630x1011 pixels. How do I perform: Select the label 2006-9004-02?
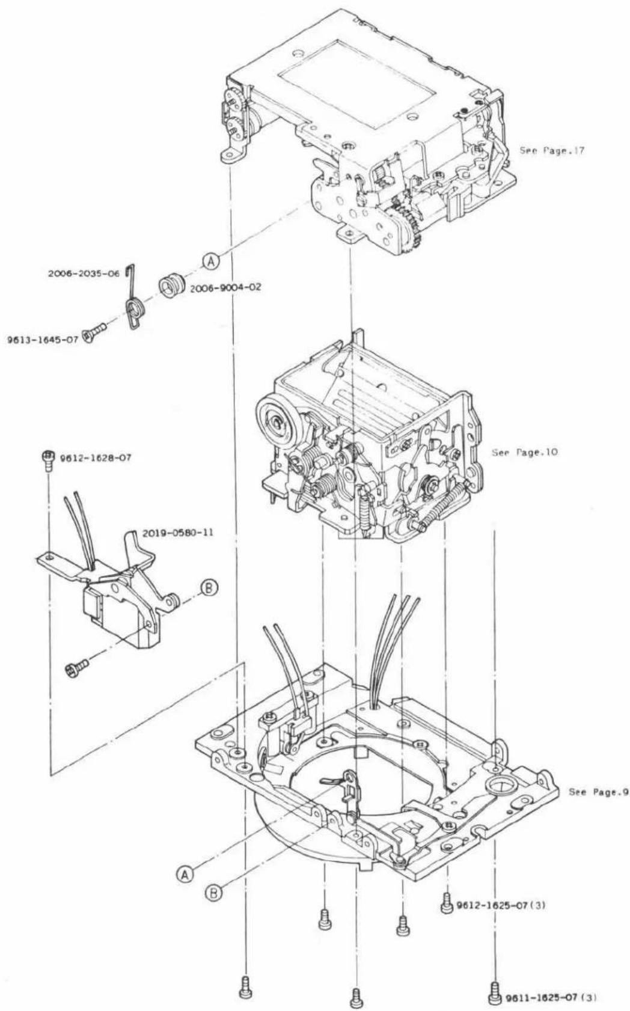225,287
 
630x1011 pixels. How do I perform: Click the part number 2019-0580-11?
178,533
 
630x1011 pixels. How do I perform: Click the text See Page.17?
551,151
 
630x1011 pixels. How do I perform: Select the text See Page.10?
524,452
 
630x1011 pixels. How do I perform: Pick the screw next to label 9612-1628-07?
46,460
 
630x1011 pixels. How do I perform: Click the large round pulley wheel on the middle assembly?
277,423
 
